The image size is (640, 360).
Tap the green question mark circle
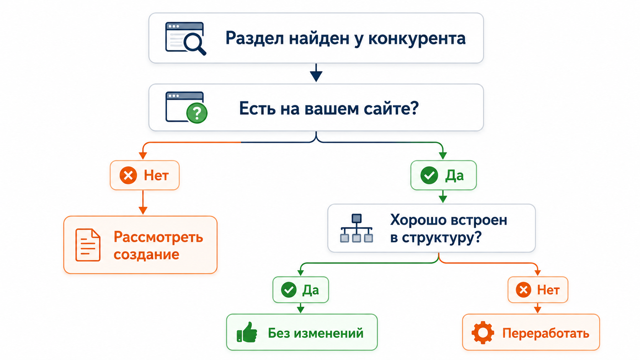point(197,113)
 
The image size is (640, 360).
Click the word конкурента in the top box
point(417,39)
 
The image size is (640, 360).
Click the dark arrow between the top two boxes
point(316,73)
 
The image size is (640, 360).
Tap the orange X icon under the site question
point(128,175)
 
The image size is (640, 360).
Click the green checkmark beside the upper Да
point(429,175)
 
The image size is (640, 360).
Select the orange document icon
point(88,245)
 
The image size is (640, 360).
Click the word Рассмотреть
point(158,237)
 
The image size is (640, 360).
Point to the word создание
point(146,254)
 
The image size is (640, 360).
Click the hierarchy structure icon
point(356,228)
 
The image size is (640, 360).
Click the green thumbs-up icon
point(247,332)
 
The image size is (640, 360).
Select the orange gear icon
point(483,332)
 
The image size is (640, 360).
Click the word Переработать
point(546,333)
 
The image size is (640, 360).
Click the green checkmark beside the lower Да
point(289,290)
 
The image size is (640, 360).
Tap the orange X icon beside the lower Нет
point(523,290)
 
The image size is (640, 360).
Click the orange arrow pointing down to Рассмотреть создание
point(143,202)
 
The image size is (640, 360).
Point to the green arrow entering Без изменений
point(300,308)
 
